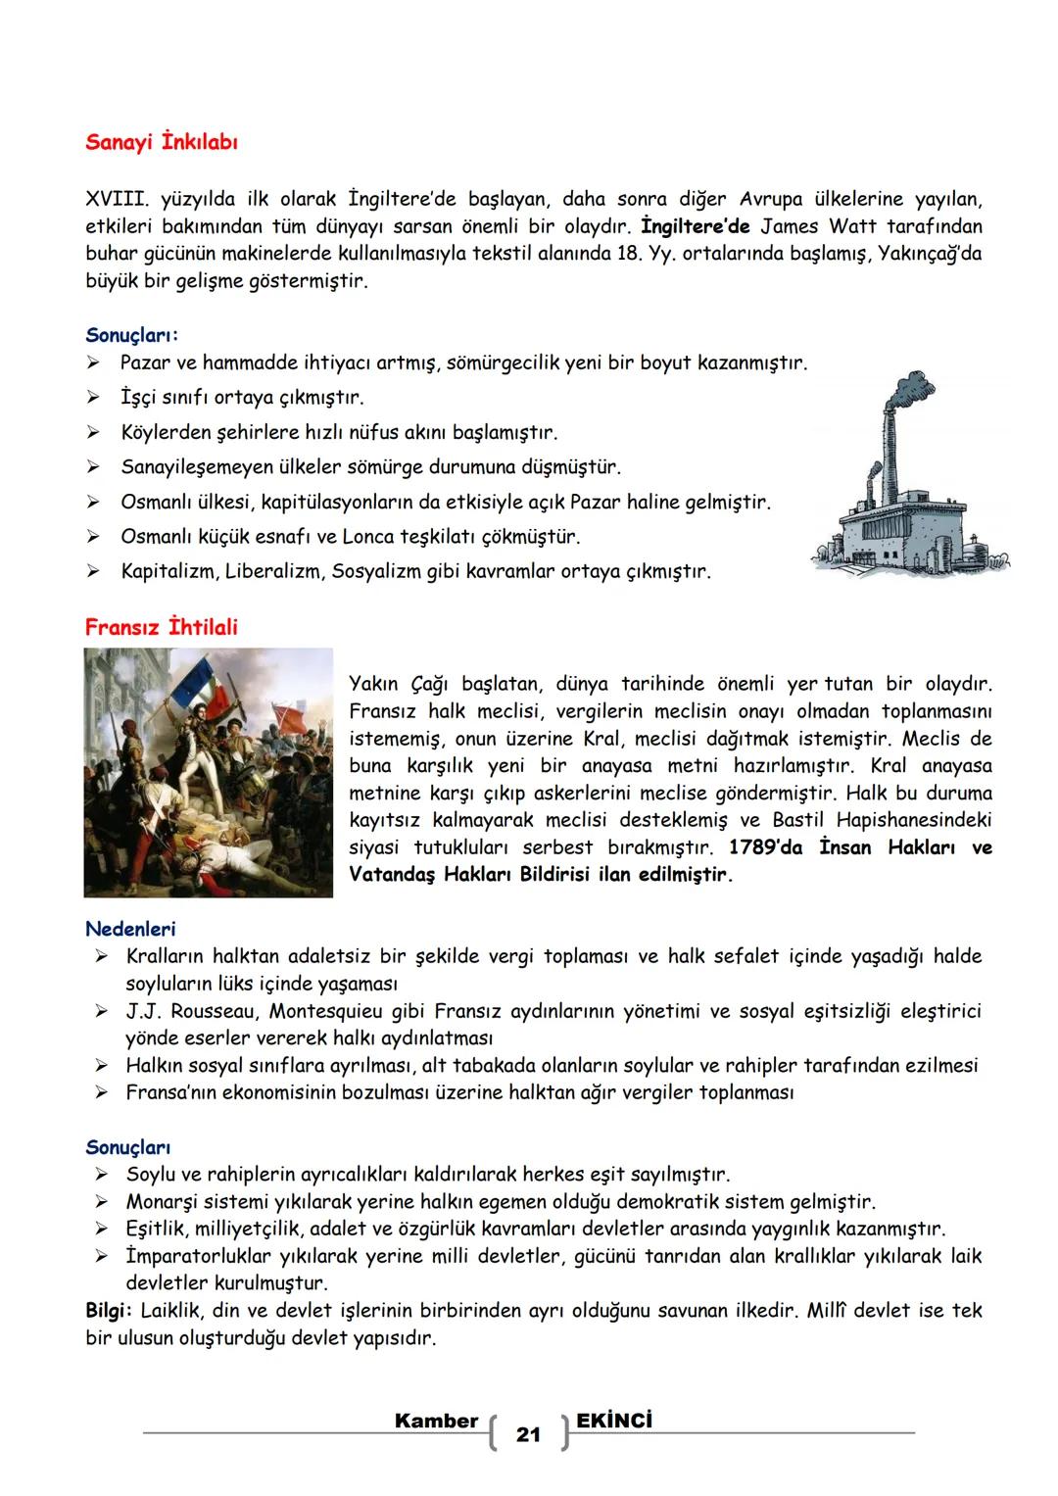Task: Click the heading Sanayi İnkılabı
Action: coord(162,142)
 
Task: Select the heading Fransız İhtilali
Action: coord(161,627)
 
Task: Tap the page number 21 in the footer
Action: coord(528,1435)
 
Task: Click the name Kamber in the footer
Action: coord(436,1421)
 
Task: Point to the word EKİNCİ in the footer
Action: coord(614,1421)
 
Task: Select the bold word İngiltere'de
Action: coord(695,226)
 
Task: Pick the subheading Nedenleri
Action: coord(130,929)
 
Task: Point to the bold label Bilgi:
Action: coord(110,1311)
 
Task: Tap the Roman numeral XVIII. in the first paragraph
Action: coord(117,200)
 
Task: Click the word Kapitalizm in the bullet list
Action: coord(168,571)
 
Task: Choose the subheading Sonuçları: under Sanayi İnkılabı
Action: coord(132,335)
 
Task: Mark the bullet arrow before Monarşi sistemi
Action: coord(101,1202)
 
